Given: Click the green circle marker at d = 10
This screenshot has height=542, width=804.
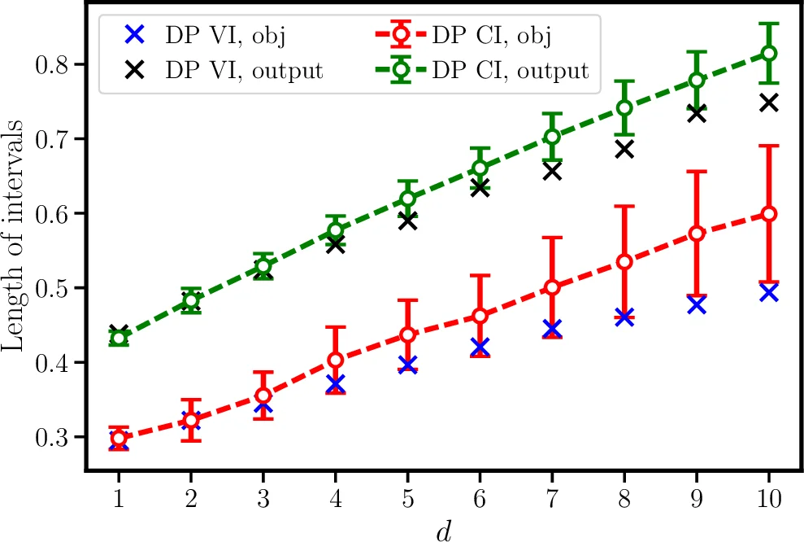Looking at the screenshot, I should point(768,53).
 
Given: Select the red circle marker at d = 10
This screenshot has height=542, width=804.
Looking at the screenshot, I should point(768,214).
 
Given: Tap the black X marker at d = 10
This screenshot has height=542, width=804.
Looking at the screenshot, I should point(768,103).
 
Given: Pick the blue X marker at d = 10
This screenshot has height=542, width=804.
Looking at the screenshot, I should point(768,292).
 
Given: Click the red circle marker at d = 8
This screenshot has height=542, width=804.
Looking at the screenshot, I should point(624,262).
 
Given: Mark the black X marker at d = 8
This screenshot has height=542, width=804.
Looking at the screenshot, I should point(624,149).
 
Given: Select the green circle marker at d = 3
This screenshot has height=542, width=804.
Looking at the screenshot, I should point(263,266).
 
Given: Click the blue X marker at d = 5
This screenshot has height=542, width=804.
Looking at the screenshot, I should point(407,364).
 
